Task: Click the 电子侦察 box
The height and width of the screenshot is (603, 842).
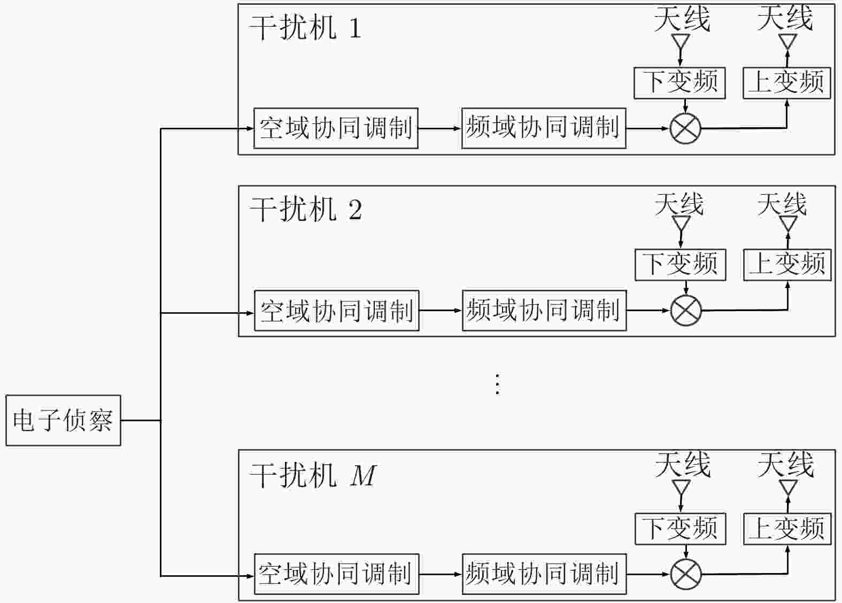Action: click(x=63, y=420)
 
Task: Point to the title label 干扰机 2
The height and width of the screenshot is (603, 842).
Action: click(x=306, y=210)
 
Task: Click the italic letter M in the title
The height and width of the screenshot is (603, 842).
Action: click(x=363, y=476)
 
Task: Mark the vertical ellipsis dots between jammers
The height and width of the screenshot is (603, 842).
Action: click(x=498, y=384)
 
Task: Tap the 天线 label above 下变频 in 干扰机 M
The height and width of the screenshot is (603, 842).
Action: click(x=682, y=465)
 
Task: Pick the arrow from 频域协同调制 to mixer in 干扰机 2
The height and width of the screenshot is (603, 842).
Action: click(x=648, y=311)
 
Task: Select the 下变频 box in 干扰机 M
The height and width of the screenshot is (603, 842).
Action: click(x=681, y=529)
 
